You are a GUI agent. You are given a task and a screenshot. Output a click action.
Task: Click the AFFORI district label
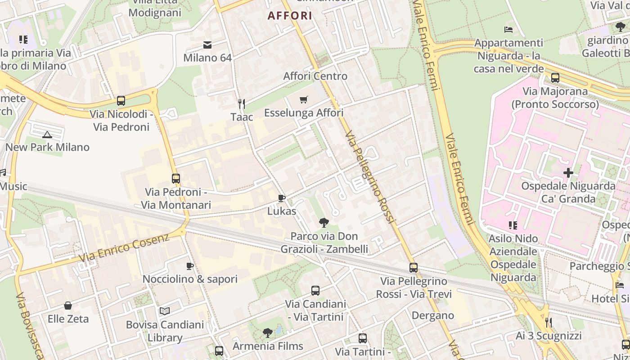pyautogui.click(x=290, y=16)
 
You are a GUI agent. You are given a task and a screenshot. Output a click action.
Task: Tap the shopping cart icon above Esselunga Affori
pyautogui.click(x=304, y=99)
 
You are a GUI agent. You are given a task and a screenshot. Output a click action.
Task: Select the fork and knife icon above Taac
pyautogui.click(x=242, y=104)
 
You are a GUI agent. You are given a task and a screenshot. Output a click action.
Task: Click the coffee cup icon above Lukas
pyautogui.click(x=282, y=198)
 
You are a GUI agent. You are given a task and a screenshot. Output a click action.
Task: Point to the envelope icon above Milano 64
pyautogui.click(x=207, y=45)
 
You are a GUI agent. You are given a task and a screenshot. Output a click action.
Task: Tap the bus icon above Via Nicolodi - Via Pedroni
pyautogui.click(x=121, y=101)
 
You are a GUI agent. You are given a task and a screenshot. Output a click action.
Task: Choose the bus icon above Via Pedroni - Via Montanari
pyautogui.click(x=176, y=179)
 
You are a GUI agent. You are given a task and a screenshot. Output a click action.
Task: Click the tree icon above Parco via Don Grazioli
pyautogui.click(x=324, y=222)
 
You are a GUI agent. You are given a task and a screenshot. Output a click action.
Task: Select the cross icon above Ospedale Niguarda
pyautogui.click(x=568, y=173)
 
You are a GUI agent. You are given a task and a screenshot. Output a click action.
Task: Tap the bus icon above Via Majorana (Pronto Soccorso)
pyautogui.click(x=555, y=78)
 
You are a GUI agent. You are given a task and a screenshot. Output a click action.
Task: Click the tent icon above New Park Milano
pyautogui.click(x=47, y=134)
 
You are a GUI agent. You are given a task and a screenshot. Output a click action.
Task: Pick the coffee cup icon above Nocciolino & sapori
pyautogui.click(x=190, y=266)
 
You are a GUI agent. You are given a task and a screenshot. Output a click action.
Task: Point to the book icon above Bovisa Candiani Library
pyautogui.click(x=165, y=311)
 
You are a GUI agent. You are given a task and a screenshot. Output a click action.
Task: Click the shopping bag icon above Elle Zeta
pyautogui.click(x=68, y=306)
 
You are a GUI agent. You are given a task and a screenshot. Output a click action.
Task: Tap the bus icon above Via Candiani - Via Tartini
pyautogui.click(x=315, y=291)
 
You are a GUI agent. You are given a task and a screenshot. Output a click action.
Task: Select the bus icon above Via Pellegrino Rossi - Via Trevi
pyautogui.click(x=414, y=268)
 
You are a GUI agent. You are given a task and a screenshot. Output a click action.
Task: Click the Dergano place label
pyautogui.click(x=433, y=315)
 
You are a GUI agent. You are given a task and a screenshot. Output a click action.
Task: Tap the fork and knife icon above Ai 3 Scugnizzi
pyautogui.click(x=548, y=322)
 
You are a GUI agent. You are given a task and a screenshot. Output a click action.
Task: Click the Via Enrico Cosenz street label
pyautogui.click(x=124, y=247)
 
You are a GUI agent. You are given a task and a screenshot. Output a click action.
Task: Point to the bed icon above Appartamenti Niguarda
pyautogui.click(x=508, y=30)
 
